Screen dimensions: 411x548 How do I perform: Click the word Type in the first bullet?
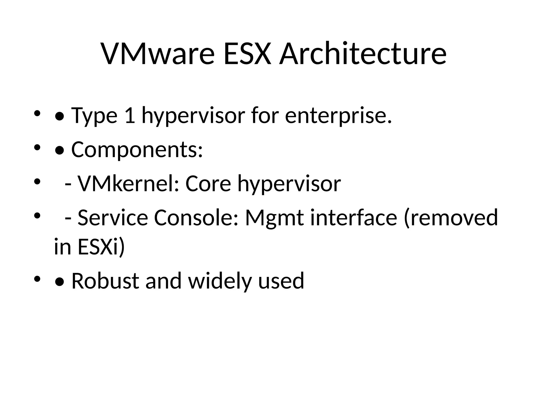coord(94,116)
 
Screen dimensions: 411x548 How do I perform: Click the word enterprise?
coord(338,116)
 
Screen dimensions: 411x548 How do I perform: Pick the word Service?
coord(113,218)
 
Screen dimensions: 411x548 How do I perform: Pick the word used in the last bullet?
coord(281,281)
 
